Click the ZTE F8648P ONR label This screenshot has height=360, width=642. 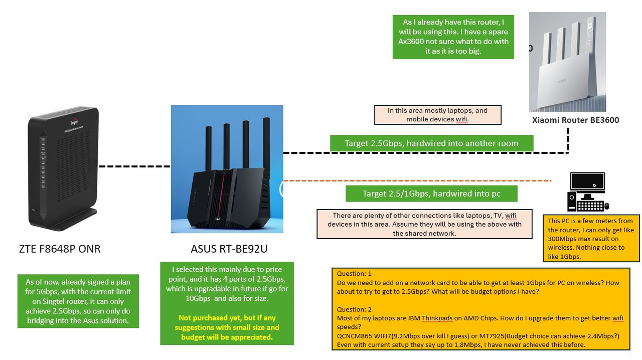60,249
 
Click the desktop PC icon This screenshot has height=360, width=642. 587,192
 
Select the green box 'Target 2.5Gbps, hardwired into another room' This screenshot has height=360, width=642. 431,143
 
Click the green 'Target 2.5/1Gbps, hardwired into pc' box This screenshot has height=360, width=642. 431,194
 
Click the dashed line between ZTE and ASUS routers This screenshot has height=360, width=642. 134,166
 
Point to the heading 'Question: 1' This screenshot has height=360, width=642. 354,274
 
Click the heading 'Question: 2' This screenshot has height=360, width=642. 354,309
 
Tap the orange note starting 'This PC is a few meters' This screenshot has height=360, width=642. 591,239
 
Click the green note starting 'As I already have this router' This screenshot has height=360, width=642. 453,37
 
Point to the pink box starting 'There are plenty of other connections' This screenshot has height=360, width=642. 424,224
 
